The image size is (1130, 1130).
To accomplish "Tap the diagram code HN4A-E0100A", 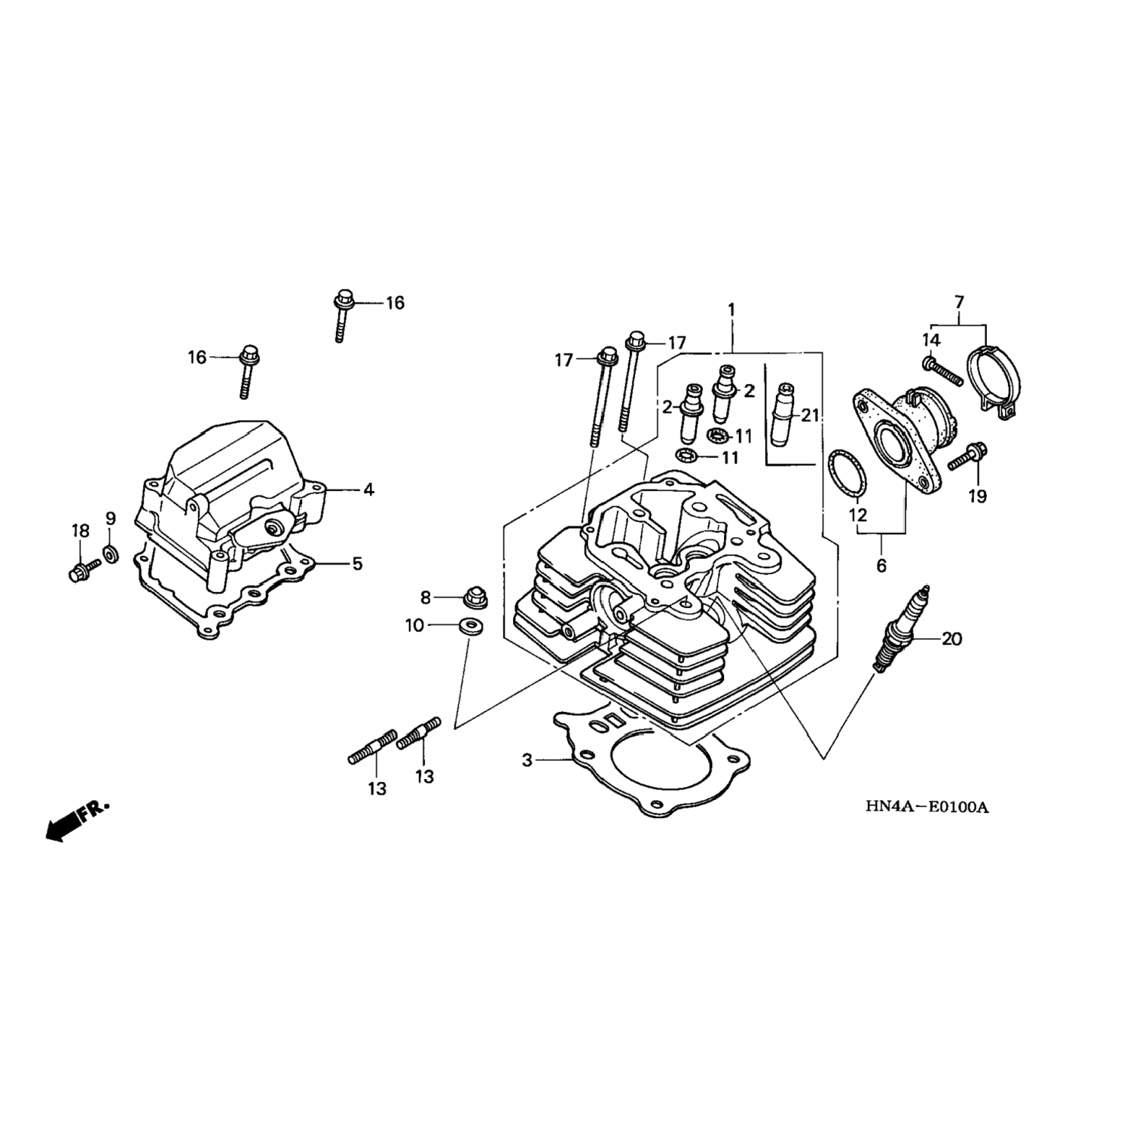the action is click(926, 807).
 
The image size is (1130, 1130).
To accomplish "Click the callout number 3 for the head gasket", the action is click(527, 761).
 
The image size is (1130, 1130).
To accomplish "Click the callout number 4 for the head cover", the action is click(368, 490).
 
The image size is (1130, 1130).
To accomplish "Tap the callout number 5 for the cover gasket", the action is click(357, 563).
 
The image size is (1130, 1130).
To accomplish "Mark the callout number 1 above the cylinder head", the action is click(731, 310).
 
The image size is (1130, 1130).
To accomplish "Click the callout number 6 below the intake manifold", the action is click(881, 565).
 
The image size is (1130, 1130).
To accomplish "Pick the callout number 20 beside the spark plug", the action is click(952, 639).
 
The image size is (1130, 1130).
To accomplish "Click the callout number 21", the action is click(810, 415).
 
